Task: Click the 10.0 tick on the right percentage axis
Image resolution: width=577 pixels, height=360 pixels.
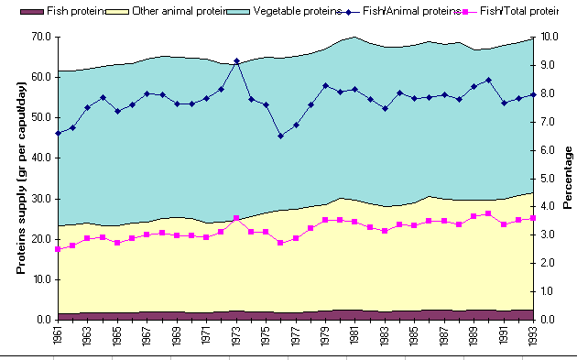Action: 548,37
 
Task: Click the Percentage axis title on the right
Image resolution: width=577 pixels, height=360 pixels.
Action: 568,178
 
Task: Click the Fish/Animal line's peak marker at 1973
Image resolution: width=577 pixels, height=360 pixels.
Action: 236,61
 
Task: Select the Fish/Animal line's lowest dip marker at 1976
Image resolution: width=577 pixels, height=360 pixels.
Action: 281,136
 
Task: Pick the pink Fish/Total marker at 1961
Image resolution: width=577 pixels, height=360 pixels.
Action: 58,249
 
